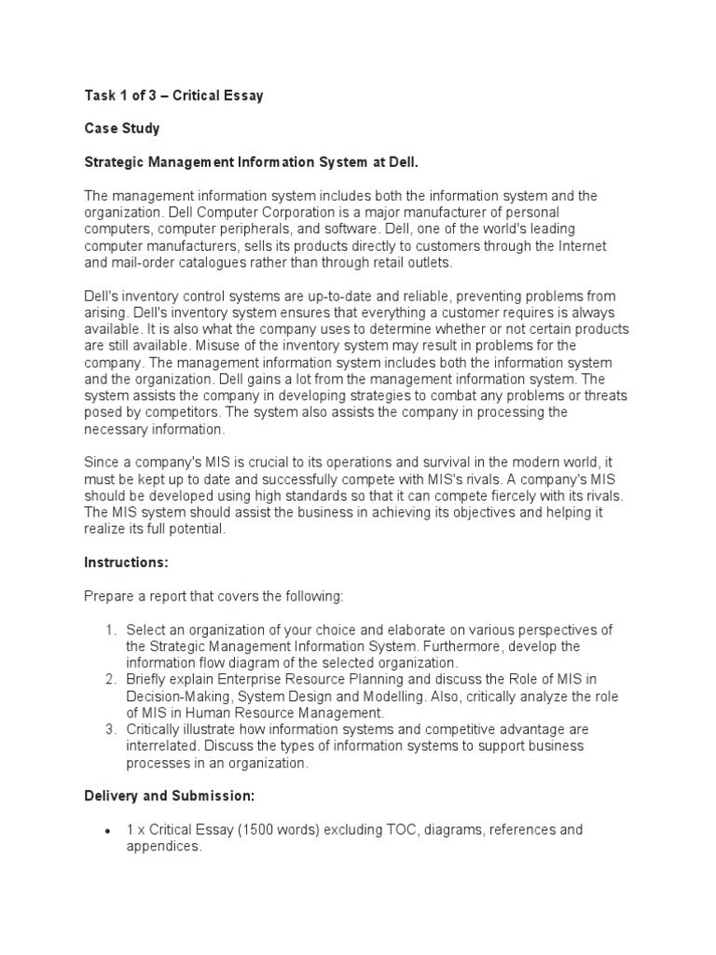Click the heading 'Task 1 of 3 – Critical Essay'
coord(173,96)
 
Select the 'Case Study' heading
coord(121,129)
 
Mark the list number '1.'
coord(110,630)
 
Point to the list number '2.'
coord(110,679)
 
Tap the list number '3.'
coord(110,729)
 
